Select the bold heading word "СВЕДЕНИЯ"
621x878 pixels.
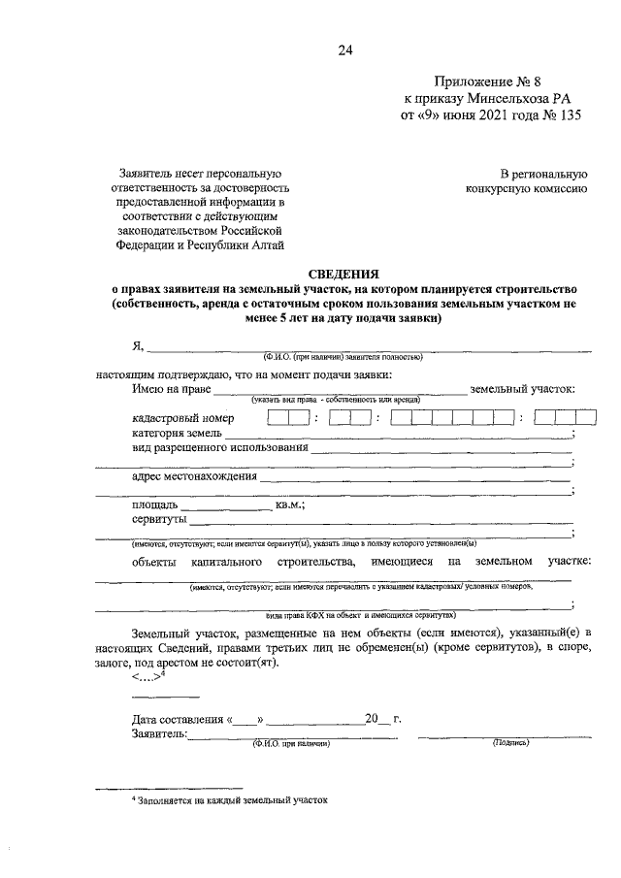(343, 275)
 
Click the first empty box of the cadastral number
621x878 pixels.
(277, 418)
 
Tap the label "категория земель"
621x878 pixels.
(177, 433)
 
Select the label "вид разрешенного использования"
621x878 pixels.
(220, 448)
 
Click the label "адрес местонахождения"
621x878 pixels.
(194, 476)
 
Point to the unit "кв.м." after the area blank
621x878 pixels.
(290, 504)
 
